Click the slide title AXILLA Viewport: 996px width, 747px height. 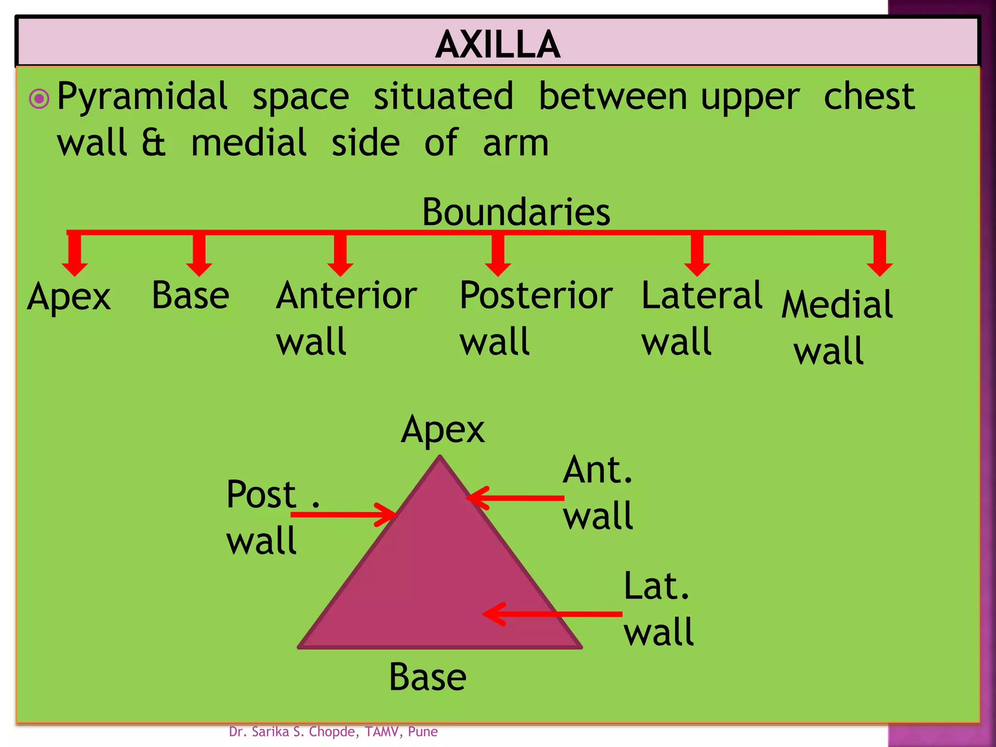pyautogui.click(x=498, y=44)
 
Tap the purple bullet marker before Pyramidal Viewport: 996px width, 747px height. pyautogui.click(x=39, y=99)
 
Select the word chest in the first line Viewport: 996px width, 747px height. pyautogui.click(x=869, y=96)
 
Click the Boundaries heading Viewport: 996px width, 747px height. pyautogui.click(x=516, y=212)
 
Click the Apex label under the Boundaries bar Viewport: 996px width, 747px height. pyautogui.click(x=69, y=297)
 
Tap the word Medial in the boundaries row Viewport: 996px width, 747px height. pyautogui.click(x=837, y=305)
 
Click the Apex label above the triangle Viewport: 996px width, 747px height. pyautogui.click(x=443, y=430)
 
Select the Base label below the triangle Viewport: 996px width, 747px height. pyautogui.click(x=427, y=677)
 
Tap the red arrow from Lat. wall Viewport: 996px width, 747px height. pyautogui.click(x=552, y=614)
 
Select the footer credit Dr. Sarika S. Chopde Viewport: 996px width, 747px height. pyautogui.click(x=333, y=731)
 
